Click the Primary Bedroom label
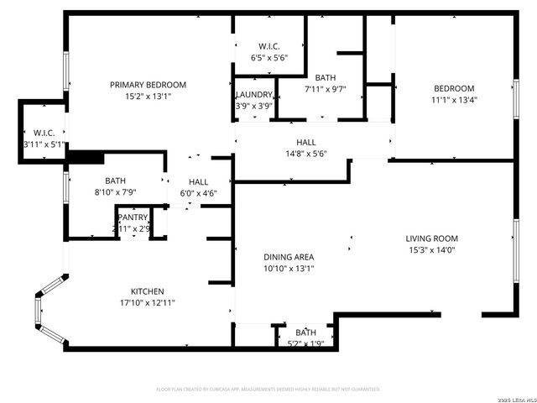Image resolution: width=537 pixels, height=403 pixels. click(149, 85)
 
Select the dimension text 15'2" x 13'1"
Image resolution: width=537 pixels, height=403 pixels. click(149, 96)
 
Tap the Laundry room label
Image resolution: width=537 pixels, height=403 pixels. click(253, 95)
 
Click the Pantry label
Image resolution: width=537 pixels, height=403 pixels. click(133, 217)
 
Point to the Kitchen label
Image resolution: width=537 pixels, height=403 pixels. click(147, 291)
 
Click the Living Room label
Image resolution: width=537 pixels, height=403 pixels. click(432, 238)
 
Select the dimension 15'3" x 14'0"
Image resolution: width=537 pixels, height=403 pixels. click(432, 249)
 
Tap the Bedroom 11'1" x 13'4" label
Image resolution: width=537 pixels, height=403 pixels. click(454, 89)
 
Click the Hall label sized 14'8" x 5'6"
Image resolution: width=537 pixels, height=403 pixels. click(305, 143)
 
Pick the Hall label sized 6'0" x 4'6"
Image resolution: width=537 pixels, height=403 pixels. click(199, 181)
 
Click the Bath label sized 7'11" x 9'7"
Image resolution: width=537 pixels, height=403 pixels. click(326, 78)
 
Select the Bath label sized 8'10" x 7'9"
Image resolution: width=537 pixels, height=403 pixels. click(115, 181)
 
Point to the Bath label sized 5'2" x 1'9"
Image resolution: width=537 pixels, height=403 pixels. click(305, 332)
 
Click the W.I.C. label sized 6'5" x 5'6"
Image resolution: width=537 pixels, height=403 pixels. click(269, 46)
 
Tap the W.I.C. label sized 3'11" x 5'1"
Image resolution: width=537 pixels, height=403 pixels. click(44, 133)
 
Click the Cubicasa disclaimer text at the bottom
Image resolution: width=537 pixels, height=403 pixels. click(268, 390)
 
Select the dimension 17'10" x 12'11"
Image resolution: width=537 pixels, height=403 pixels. click(147, 302)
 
